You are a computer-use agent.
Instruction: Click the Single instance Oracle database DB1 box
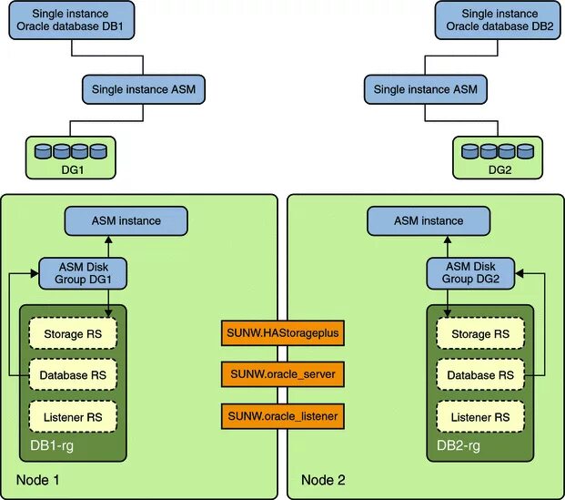click(72, 20)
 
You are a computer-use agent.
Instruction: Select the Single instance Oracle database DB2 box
click(498, 20)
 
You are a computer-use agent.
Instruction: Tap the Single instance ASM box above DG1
click(144, 89)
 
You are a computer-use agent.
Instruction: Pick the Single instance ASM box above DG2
click(426, 89)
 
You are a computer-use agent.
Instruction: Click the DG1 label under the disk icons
click(73, 169)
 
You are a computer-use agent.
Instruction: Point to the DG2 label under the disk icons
click(499, 169)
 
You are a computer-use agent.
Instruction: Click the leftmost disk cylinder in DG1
click(43, 151)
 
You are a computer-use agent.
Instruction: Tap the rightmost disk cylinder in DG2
click(525, 151)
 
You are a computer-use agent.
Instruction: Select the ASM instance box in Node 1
click(126, 220)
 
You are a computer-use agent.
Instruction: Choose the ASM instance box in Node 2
click(429, 220)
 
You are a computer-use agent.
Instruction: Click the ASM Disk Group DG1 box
click(83, 273)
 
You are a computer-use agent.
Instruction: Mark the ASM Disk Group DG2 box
click(470, 273)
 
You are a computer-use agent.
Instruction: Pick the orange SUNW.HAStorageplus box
click(283, 332)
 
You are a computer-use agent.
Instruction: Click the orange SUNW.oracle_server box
click(283, 374)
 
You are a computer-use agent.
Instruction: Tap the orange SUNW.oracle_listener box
click(283, 416)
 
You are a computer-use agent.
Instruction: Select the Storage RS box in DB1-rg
click(73, 333)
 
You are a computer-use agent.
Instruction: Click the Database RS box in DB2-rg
click(480, 375)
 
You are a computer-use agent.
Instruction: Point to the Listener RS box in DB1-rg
click(73, 417)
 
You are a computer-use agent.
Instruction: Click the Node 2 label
click(323, 480)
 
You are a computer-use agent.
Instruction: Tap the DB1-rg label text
click(52, 446)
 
